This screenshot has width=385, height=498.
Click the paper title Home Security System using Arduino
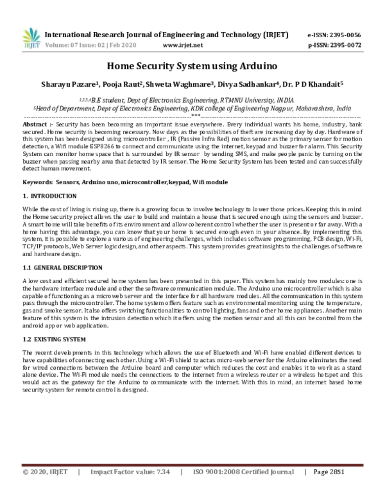tap(192, 65)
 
